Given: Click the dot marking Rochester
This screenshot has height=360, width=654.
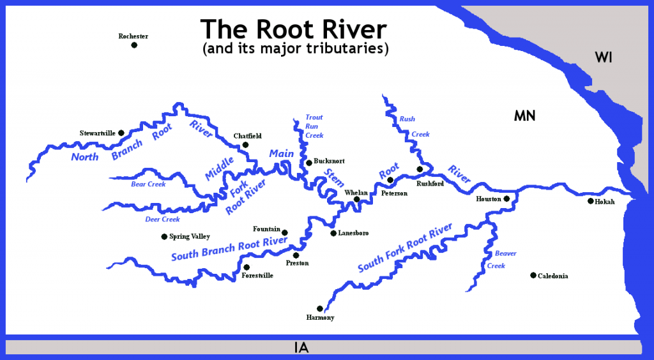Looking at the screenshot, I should [x=134, y=45].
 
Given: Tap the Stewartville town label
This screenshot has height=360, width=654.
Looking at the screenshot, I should [x=97, y=133].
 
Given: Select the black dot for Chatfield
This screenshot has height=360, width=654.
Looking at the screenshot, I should [x=245, y=146].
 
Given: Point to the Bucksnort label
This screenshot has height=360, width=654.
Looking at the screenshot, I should [x=330, y=163].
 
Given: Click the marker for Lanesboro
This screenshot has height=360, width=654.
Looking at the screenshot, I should [x=333, y=233].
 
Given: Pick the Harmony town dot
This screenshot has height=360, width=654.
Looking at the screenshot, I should [x=320, y=308].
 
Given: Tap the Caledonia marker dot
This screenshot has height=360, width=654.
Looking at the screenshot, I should [x=533, y=276].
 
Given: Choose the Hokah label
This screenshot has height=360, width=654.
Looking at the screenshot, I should [x=605, y=202].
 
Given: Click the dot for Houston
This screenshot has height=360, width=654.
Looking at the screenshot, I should [x=506, y=199].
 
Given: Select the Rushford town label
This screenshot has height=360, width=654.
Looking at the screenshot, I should [x=430, y=183].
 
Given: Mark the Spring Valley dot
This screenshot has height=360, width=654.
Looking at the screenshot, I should [x=164, y=236].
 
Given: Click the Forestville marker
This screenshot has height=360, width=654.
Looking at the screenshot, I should [x=247, y=267].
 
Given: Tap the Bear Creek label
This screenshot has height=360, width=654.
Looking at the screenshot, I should [x=148, y=184].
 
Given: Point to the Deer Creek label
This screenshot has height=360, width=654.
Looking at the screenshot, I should [x=162, y=220].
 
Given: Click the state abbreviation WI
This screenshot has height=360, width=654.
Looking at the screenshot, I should [x=604, y=57].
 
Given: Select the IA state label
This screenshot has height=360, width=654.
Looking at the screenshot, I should [x=302, y=348].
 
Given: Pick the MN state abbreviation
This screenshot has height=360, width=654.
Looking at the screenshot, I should [x=524, y=116].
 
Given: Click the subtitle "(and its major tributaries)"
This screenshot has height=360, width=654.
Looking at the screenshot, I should [x=295, y=49].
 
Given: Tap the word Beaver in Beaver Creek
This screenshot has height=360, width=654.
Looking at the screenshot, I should [x=506, y=253].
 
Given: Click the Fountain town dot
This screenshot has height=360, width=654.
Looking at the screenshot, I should [x=285, y=233].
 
